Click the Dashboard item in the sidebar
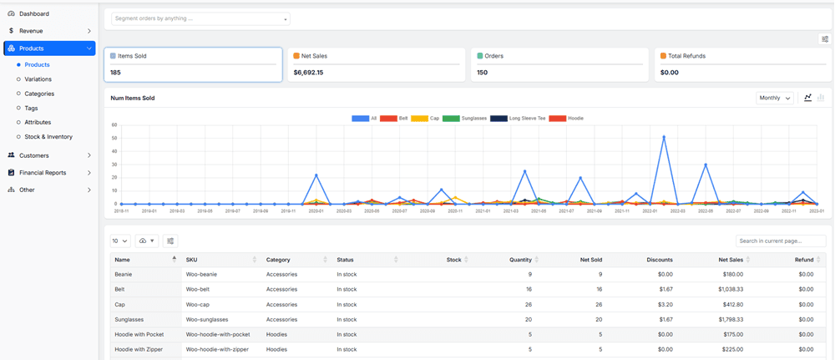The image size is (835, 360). tap(33, 14)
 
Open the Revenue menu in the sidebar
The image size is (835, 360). tap(31, 31)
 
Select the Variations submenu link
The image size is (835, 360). tap(38, 79)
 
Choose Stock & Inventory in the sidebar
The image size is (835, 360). tap(48, 136)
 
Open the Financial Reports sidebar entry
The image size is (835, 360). tap(43, 173)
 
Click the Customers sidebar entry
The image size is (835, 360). tap(34, 155)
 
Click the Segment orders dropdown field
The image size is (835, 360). tap(200, 18)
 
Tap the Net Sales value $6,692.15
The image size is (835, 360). tap(309, 73)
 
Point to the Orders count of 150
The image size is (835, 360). tap(483, 73)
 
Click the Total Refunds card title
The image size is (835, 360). tap(686, 56)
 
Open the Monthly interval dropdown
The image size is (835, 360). tap(774, 98)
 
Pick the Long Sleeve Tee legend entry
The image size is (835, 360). tap(522, 119)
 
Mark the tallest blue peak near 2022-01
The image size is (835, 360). tap(664, 137)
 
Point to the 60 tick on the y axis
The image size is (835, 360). tap(114, 125)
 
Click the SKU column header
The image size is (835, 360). tap(192, 260)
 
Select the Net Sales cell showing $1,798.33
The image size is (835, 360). tap(731, 320)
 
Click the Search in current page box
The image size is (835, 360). tap(780, 241)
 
